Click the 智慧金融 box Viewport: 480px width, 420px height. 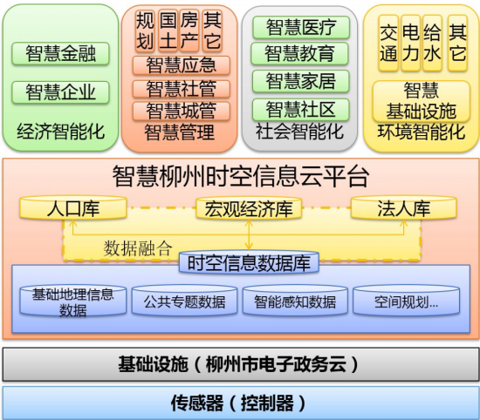click(60, 53)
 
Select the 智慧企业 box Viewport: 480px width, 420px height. click(60, 92)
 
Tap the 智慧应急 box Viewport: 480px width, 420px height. click(182, 65)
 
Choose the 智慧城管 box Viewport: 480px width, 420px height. click(182, 111)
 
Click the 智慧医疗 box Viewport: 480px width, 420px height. click(301, 27)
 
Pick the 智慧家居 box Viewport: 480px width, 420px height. click(300, 81)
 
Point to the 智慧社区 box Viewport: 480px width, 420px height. click(300, 110)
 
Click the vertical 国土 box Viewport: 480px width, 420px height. click(168, 30)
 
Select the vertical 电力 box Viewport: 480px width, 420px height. click(410, 43)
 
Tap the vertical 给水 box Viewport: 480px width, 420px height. click(432, 43)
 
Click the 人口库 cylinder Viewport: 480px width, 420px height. click(73, 207)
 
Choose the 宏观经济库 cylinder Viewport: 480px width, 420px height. click(249, 208)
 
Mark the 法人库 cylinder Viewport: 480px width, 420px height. click(404, 207)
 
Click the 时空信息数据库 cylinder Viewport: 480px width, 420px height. click(249, 262)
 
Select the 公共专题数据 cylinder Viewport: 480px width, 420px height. click(185, 300)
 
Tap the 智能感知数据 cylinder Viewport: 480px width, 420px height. click(295, 300)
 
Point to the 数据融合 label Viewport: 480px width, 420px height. click(137, 247)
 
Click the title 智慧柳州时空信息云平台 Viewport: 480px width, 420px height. click(241, 177)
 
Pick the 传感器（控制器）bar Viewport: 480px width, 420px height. click(240, 403)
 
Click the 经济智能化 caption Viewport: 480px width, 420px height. click(60, 132)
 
